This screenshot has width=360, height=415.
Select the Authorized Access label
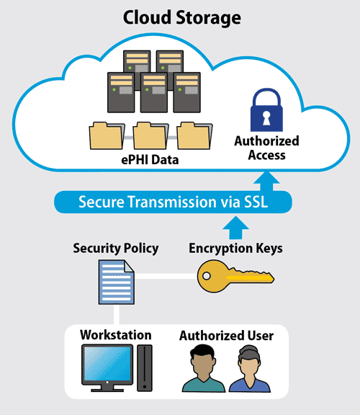pyautogui.click(x=266, y=148)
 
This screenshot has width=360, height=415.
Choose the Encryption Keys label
pyautogui.click(x=235, y=249)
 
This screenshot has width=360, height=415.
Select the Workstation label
pyautogui.click(x=116, y=335)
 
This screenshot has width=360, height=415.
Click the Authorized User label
pyautogui.click(x=226, y=336)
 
